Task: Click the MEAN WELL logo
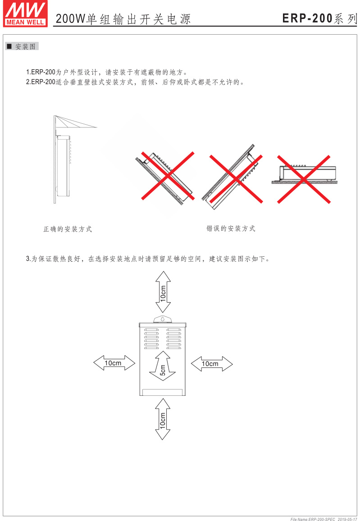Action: click(25, 14)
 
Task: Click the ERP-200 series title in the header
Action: click(319, 18)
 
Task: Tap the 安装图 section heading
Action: click(22, 46)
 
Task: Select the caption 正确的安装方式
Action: click(68, 229)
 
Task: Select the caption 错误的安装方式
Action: click(231, 228)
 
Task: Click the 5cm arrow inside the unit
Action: click(163, 366)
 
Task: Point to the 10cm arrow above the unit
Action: click(163, 292)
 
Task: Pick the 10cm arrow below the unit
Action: click(163, 419)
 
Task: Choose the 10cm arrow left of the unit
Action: click(114, 363)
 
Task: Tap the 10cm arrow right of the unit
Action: click(212, 363)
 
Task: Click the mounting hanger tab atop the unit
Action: click(163, 319)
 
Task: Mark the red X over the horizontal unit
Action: click(304, 179)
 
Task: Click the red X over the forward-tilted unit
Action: click(168, 176)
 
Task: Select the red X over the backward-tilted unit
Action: click(236, 179)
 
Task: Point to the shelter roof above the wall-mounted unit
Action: click(76, 122)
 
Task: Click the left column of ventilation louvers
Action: click(151, 339)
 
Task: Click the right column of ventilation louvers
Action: click(174, 339)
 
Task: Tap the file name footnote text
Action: click(324, 519)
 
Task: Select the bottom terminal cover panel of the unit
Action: click(163, 392)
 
